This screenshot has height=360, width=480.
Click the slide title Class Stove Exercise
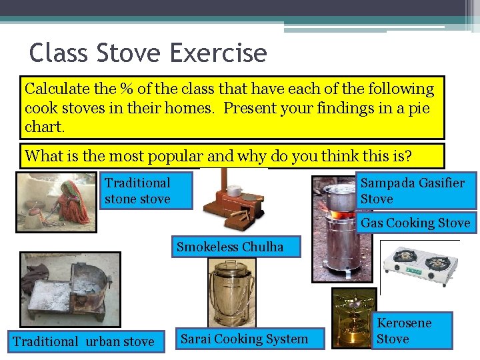[x=148, y=53]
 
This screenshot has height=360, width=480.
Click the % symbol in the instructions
[x=125, y=89]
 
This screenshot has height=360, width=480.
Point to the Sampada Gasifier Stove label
[x=415, y=191]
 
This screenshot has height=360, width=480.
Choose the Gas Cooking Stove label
[x=415, y=223]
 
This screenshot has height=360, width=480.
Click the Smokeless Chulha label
[x=229, y=247]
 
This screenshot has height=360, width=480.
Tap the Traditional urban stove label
[x=83, y=341]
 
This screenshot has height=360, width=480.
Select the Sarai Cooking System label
[x=244, y=339]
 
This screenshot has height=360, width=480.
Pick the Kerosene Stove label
[x=404, y=331]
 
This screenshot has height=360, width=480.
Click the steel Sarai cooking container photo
[x=231, y=293]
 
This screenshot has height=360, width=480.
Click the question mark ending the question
[x=408, y=156]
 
